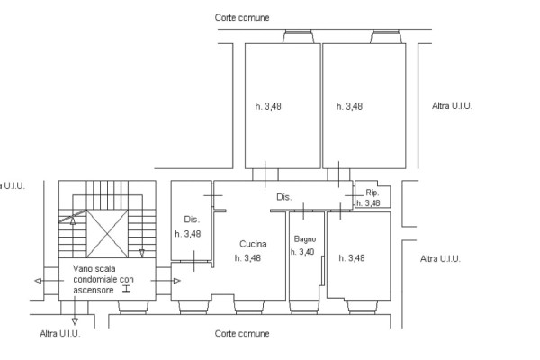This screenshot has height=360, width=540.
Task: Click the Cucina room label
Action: [x=253, y=244]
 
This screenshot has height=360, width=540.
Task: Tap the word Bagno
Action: [x=305, y=239]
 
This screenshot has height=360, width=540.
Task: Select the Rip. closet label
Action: [x=373, y=193]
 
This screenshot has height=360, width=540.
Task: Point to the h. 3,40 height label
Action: [x=302, y=252]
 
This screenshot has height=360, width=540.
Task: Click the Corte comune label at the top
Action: [x=242, y=18]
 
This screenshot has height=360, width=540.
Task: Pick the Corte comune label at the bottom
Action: [x=242, y=334]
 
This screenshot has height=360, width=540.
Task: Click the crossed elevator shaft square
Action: [x=107, y=234]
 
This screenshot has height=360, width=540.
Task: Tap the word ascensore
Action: [x=94, y=290]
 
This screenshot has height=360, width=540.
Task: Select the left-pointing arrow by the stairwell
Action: [x=49, y=281]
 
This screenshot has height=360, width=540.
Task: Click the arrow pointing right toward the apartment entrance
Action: [x=166, y=281]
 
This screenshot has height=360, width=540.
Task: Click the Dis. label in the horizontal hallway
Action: [x=284, y=197]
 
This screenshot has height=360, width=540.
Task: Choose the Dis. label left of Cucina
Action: [x=192, y=220]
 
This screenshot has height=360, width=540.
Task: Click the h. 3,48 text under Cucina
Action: [x=247, y=258]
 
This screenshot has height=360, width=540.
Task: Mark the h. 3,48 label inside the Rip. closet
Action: [x=368, y=203]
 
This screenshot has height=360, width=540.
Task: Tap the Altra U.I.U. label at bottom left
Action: [x=60, y=334]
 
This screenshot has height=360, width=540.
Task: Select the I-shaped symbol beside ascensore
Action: [x=126, y=289]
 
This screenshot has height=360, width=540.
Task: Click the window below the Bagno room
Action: [x=304, y=307]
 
